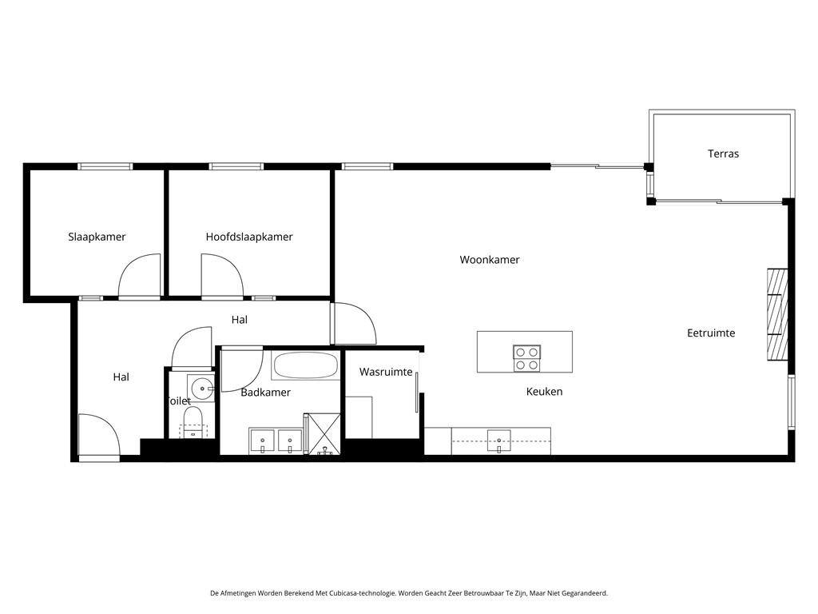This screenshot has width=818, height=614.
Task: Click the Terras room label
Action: tap(723, 153)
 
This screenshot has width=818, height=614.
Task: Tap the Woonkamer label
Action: tap(490, 260)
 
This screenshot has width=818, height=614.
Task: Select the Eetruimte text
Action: tap(711, 333)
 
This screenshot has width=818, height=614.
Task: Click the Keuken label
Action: tap(544, 392)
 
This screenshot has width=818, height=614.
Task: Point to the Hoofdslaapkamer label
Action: tap(249, 237)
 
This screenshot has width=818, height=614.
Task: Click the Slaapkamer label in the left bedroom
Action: tap(97, 237)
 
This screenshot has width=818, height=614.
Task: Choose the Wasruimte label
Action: tap(386, 373)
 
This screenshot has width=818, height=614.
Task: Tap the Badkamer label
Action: tap(265, 393)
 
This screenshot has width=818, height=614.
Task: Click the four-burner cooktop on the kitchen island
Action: tap(526, 357)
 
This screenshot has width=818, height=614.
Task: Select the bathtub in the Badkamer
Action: tap(305, 365)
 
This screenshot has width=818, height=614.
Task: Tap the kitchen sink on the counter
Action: tap(498, 439)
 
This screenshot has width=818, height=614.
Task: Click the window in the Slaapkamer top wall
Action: tap(105, 166)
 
